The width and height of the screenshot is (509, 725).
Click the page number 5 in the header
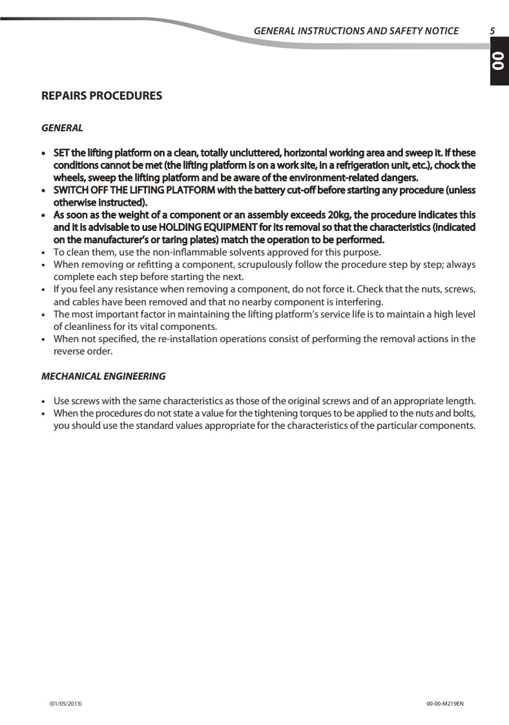[492, 30]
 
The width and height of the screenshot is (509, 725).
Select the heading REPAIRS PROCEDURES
[101, 96]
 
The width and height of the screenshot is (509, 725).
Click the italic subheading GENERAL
[62, 128]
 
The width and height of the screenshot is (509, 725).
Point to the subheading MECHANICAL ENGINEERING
[103, 376]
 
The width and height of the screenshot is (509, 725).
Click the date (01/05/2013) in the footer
[66, 703]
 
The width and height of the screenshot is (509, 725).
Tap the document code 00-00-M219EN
[445, 703]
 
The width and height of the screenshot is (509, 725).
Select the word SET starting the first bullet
[61, 153]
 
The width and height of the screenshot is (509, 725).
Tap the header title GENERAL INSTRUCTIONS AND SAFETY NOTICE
[356, 30]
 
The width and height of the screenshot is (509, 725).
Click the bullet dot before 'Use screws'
[43, 401]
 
